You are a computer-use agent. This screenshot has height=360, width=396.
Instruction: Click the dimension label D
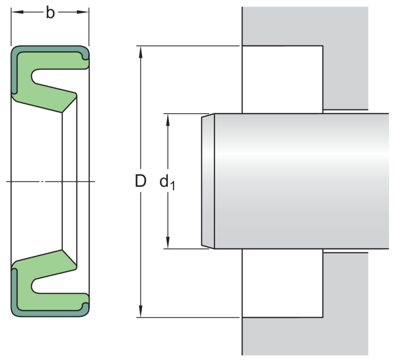pyautogui.click(x=141, y=182)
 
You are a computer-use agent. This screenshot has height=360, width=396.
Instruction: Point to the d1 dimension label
pyautogui.click(x=167, y=182)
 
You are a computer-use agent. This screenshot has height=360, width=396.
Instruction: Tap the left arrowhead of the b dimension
pyautogui.click(x=15, y=14)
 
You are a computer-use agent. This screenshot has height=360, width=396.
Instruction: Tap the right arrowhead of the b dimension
pyautogui.click(x=85, y=14)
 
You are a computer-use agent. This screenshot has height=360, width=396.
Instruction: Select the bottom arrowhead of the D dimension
pyautogui.click(x=142, y=314)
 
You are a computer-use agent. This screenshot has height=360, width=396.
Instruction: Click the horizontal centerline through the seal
pyautogui.click(x=49, y=181)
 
